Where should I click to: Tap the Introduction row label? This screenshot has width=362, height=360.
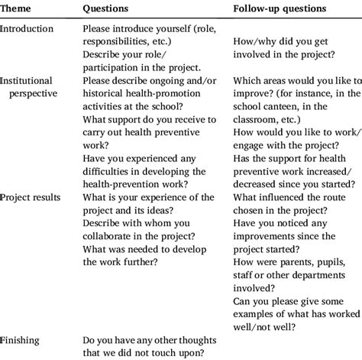pyautogui.click(x=27, y=30)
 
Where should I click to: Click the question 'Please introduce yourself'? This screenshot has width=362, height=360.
pyautogui.click(x=141, y=30)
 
